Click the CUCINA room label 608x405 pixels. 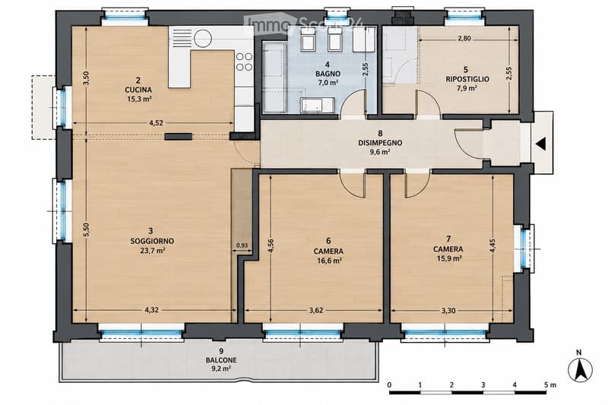click(x=138, y=90)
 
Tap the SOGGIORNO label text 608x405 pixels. click(x=152, y=241)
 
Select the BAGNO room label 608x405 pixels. click(x=328, y=74)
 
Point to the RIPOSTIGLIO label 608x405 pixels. click(x=467, y=79)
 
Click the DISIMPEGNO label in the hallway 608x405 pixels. click(x=380, y=143)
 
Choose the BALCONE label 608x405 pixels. click(x=221, y=360)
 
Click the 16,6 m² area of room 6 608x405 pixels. click(x=329, y=261)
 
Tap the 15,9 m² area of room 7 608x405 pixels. click(x=449, y=258)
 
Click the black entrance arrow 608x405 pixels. click(x=541, y=144)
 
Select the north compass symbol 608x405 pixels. click(x=580, y=369)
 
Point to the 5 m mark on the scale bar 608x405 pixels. click(x=549, y=384)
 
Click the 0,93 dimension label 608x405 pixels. click(x=242, y=245)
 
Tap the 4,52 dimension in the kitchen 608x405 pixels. click(x=156, y=123)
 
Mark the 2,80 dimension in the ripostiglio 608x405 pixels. click(x=464, y=38)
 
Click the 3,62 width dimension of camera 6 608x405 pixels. click(x=316, y=311)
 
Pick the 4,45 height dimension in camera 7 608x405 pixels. click(x=492, y=245)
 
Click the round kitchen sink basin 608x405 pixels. click(x=203, y=38)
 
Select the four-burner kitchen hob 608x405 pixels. click(x=244, y=62)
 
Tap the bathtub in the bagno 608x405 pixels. click(x=274, y=77)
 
